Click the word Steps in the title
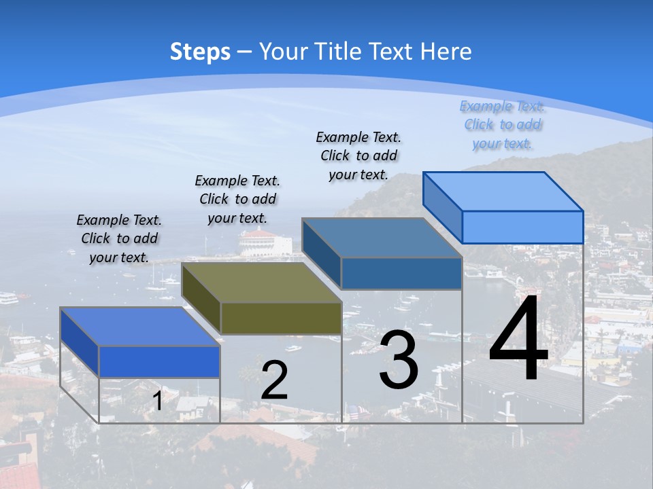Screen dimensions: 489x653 pyautogui.click(x=200, y=52)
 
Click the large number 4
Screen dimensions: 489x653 pyautogui.click(x=518, y=340)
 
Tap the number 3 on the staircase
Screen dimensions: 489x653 pyautogui.click(x=399, y=360)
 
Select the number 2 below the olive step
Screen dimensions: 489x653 pyautogui.click(x=274, y=380)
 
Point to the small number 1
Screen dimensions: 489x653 pyautogui.click(x=157, y=401)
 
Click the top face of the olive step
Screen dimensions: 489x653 pyautogui.click(x=262, y=283)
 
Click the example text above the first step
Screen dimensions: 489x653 pyautogui.click(x=120, y=238)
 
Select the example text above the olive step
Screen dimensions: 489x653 pyautogui.click(x=237, y=199)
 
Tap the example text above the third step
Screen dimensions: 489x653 pyautogui.click(x=358, y=156)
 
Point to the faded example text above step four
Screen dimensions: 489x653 pyautogui.click(x=502, y=124)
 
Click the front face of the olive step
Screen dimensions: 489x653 pyautogui.click(x=281, y=318)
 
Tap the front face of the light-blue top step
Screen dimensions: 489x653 pyautogui.click(x=522, y=227)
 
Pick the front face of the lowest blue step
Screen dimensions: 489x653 pyautogui.click(x=159, y=361)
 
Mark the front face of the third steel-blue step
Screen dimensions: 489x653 pyautogui.click(x=401, y=273)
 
